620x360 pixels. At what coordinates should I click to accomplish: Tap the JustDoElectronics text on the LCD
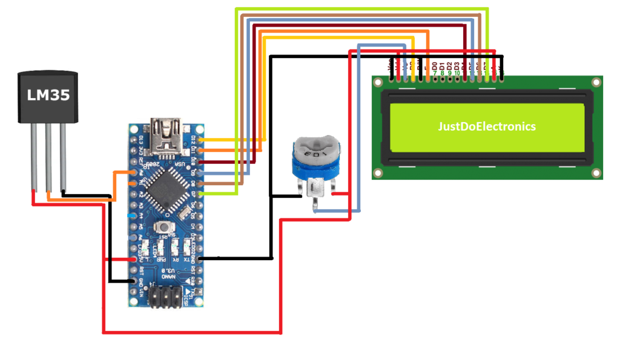click(487, 127)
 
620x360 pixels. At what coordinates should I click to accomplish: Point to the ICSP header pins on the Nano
click(165, 298)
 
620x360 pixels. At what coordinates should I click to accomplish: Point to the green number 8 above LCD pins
click(442, 73)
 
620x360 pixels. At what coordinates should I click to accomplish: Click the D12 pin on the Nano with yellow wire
click(200, 139)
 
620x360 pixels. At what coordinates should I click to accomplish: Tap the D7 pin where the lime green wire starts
click(200, 194)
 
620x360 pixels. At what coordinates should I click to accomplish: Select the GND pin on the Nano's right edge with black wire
click(200, 258)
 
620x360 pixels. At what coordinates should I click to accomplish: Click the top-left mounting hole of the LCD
click(379, 83)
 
